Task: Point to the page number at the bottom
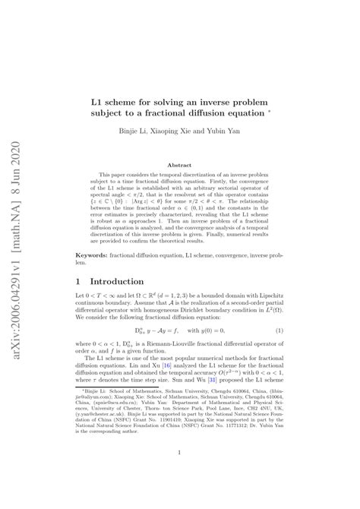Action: (x=179, y=476)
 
